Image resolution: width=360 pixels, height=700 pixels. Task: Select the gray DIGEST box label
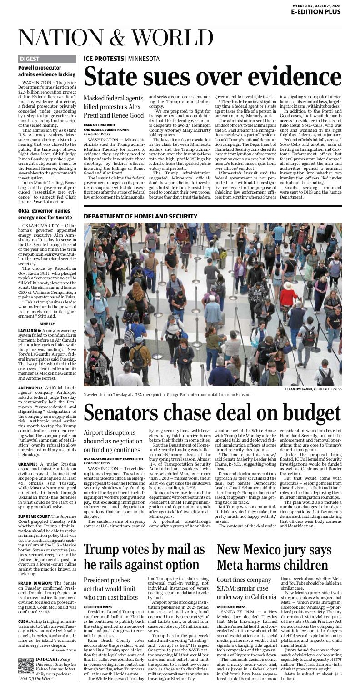coord(30,59)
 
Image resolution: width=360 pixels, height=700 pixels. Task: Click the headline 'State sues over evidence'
coord(212,76)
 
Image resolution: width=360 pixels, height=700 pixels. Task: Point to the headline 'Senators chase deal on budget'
coord(212,412)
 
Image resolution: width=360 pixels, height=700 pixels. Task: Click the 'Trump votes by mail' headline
coord(144,557)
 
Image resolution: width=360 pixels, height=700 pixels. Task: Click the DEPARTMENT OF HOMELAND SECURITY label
coord(134,216)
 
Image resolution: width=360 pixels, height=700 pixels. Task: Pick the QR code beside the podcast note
coord(25,665)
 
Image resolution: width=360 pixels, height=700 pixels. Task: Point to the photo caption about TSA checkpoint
coord(167,394)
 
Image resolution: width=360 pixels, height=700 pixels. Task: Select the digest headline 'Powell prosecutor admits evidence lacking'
coord(46,71)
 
